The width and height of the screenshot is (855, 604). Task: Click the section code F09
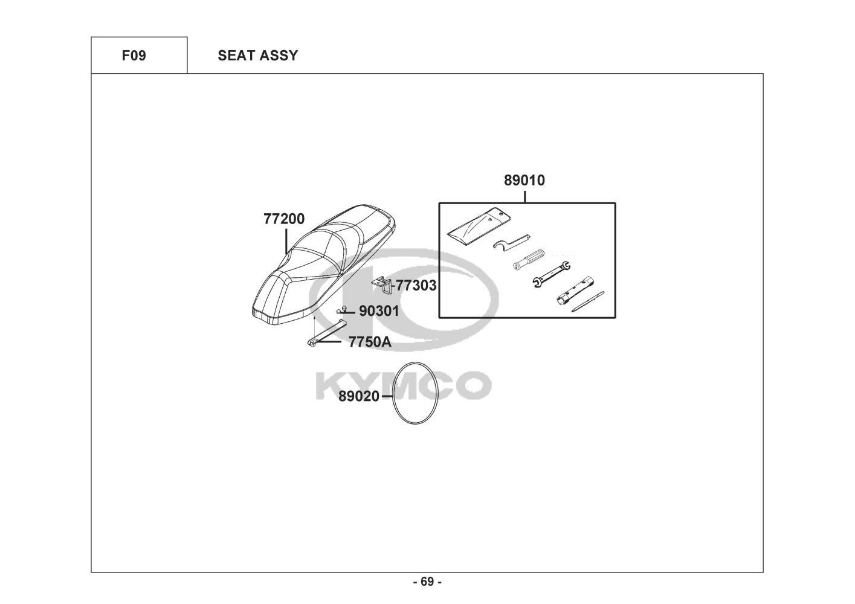pyautogui.click(x=134, y=56)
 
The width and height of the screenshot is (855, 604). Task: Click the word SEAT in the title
pyautogui.click(x=236, y=56)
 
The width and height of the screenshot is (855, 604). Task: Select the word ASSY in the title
pyautogui.click(x=279, y=56)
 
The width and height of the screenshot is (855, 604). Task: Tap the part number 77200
pyautogui.click(x=284, y=219)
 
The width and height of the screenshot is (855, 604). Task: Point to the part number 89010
pyautogui.click(x=524, y=180)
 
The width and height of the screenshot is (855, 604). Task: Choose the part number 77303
pyautogui.click(x=416, y=285)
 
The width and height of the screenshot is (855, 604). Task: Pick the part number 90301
pyautogui.click(x=379, y=311)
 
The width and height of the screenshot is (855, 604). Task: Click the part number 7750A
pyautogui.click(x=370, y=342)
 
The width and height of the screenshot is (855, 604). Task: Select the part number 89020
pyautogui.click(x=359, y=396)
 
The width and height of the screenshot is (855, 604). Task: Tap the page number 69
pyautogui.click(x=427, y=582)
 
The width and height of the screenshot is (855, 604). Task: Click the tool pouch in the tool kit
pyautogui.click(x=477, y=223)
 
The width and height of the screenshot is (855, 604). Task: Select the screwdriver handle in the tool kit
pyautogui.click(x=529, y=261)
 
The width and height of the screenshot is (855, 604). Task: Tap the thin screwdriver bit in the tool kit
pyautogui.click(x=588, y=301)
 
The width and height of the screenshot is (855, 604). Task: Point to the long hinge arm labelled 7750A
pyautogui.click(x=325, y=333)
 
